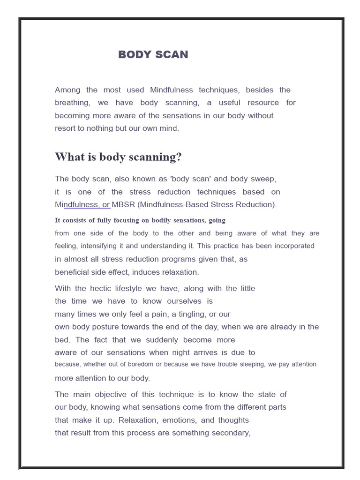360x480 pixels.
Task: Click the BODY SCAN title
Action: coord(153,54)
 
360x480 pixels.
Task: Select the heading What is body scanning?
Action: coord(118,157)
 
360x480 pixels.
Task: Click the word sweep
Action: coord(265,179)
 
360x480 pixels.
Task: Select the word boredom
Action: coord(139,364)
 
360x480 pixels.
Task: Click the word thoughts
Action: coord(231,420)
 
